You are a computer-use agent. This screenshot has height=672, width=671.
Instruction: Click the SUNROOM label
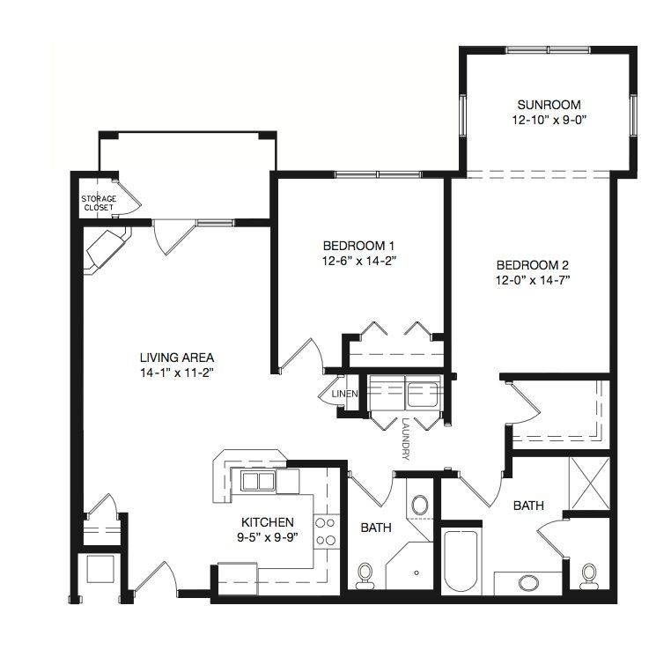(549, 105)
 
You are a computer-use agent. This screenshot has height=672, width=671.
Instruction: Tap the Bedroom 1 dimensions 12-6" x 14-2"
(358, 261)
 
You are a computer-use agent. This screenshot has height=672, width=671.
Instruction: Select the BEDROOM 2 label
(533, 265)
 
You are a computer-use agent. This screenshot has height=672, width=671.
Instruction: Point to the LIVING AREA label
(177, 358)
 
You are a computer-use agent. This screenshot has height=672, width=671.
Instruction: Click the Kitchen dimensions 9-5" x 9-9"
(268, 537)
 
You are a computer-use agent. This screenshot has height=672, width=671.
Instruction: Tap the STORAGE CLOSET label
(99, 203)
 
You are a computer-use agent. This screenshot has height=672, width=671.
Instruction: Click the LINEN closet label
(345, 394)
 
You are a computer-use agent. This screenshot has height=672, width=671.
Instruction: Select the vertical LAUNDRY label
(406, 439)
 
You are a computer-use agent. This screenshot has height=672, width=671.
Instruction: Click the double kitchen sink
(258, 481)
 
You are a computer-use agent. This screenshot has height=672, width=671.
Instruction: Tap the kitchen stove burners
(326, 532)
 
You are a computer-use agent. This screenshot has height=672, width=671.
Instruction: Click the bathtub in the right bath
(461, 560)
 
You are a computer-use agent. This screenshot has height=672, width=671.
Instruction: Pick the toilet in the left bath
(365, 576)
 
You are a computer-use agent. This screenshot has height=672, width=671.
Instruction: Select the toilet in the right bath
(589, 576)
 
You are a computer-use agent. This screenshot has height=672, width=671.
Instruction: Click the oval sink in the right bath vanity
(529, 583)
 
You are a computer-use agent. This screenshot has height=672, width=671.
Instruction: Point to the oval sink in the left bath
(419, 505)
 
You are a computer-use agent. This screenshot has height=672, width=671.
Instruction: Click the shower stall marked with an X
(590, 484)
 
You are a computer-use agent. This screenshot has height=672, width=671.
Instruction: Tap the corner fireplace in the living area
(107, 251)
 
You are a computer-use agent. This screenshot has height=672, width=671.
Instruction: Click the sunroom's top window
(548, 49)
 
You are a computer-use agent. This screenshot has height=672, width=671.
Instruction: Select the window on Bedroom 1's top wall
(378, 174)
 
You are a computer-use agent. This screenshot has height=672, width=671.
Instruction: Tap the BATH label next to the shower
(528, 506)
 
